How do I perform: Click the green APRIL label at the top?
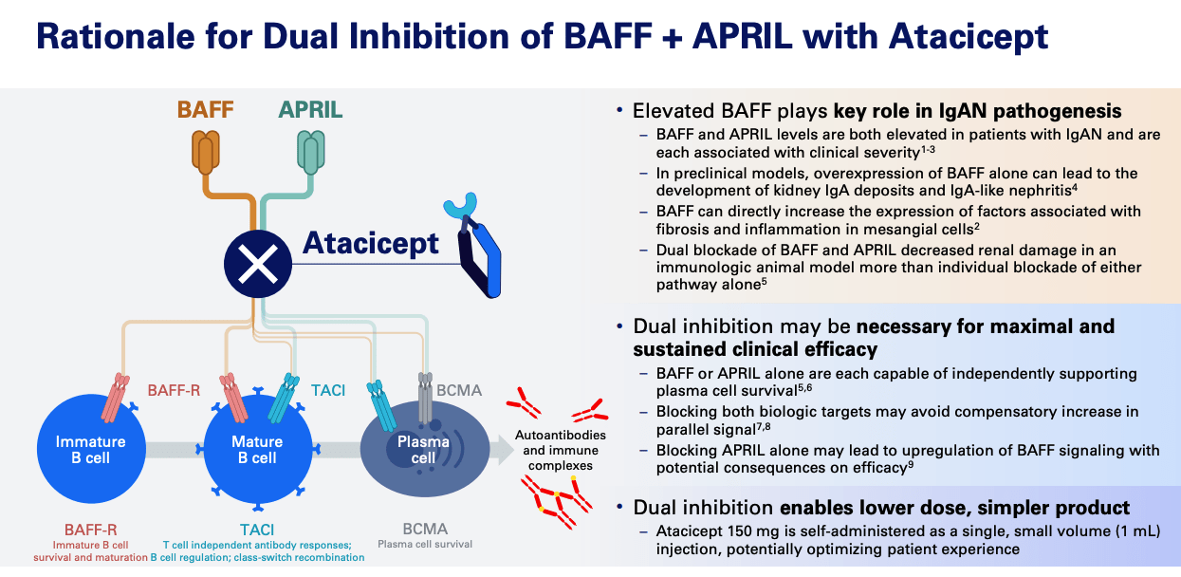pos(310,109)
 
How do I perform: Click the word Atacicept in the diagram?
pos(371,243)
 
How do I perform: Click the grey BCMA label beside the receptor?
pos(459,390)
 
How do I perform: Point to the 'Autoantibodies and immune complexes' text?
pos(554,450)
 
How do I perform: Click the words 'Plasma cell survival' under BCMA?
pos(425,545)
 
